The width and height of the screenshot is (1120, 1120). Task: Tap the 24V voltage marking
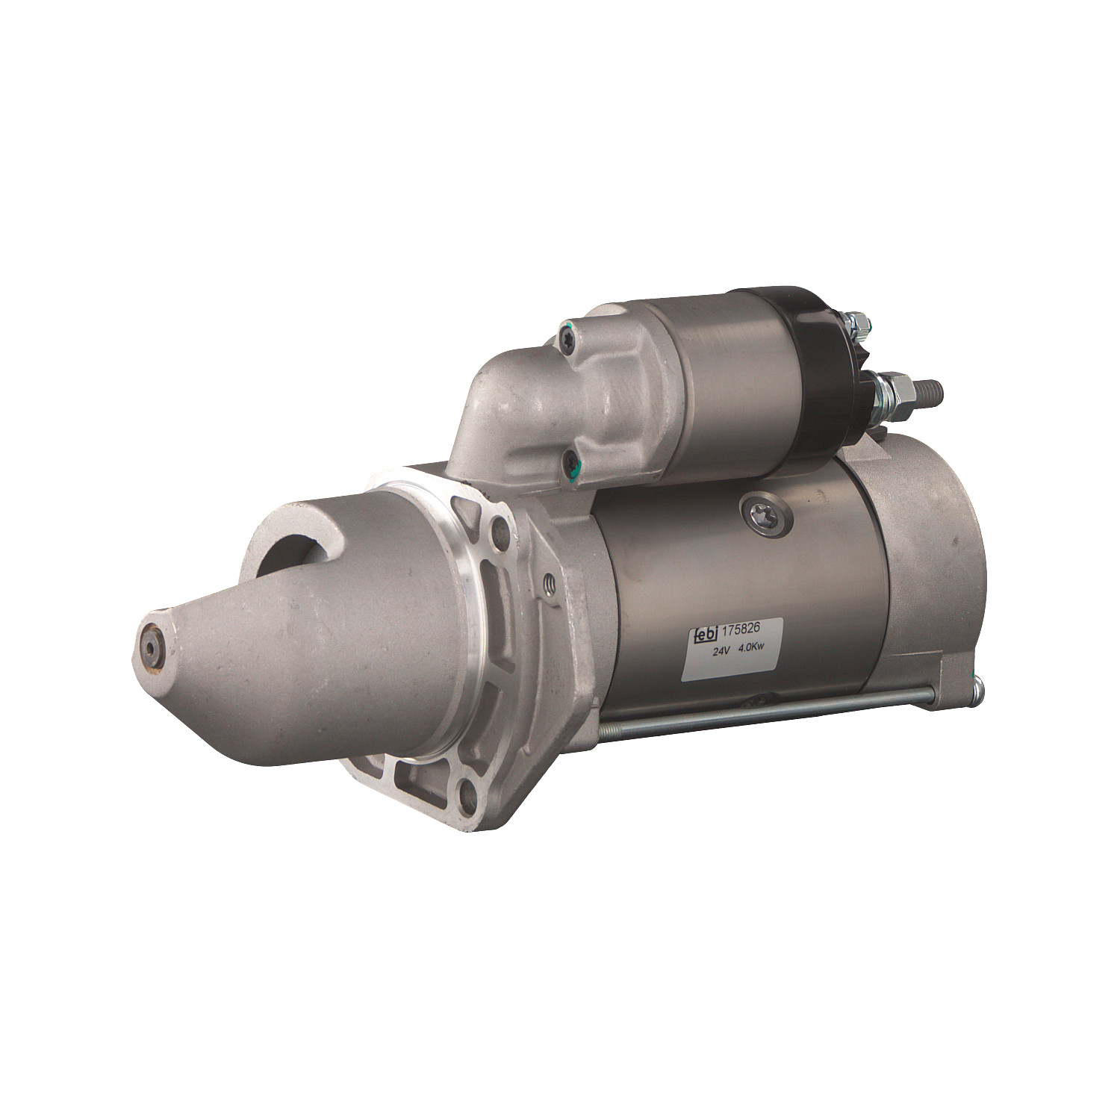coord(721,650)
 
